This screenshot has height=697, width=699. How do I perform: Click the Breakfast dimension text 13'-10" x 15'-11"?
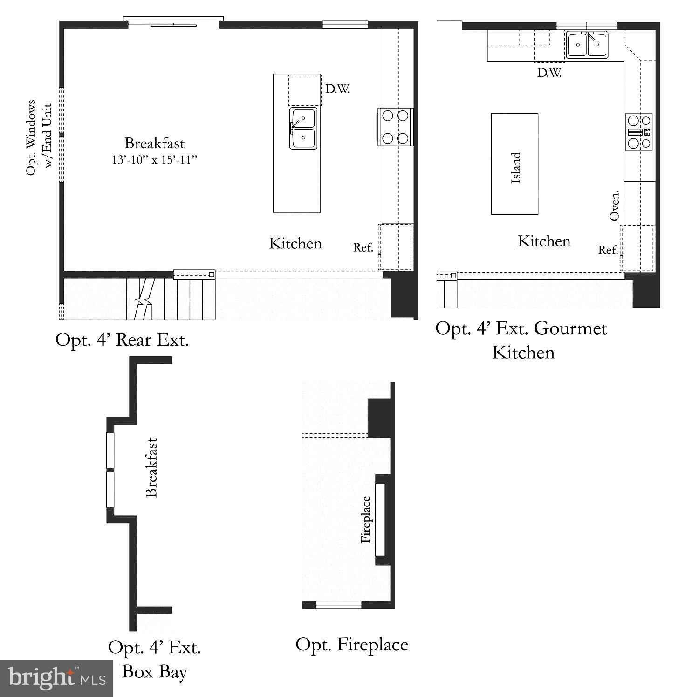click(155, 160)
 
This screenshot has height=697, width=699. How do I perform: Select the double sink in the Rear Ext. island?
click(303, 128)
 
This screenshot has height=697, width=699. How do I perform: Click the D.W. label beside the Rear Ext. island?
click(337, 89)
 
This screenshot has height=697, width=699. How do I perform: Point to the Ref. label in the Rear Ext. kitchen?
click(363, 247)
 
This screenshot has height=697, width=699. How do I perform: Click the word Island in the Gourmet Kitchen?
click(515, 168)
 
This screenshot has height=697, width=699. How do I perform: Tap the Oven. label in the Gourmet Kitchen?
click(615, 205)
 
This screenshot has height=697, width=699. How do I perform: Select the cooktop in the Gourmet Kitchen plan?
click(639, 132)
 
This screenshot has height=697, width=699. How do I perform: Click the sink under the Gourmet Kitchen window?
click(587, 45)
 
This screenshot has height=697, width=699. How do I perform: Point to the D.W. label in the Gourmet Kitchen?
click(549, 73)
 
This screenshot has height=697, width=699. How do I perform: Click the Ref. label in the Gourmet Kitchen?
click(608, 250)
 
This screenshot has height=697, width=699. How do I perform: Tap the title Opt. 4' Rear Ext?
click(122, 340)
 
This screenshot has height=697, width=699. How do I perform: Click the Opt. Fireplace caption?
click(352, 644)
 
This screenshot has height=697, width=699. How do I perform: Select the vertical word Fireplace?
click(366, 519)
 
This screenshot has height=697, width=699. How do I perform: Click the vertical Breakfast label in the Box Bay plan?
click(151, 467)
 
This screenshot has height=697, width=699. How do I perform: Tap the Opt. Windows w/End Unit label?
click(38, 137)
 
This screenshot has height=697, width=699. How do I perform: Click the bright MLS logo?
click(56, 678)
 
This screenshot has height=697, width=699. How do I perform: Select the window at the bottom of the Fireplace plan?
click(339, 605)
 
